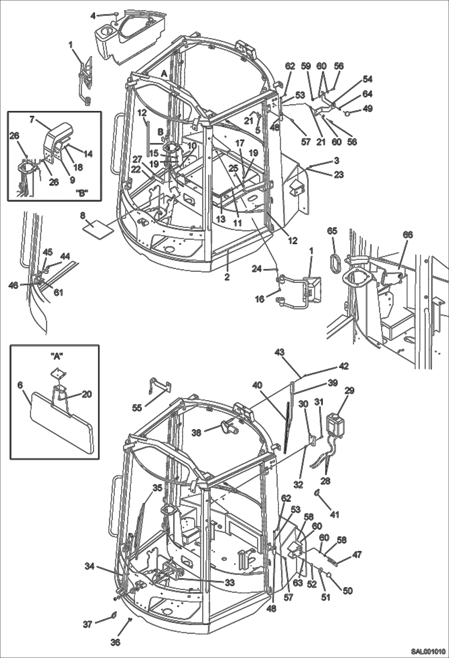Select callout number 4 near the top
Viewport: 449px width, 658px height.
coord(93,16)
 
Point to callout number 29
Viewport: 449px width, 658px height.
coord(349,390)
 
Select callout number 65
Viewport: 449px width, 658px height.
coord(332,231)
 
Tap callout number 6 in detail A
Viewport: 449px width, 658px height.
coord(20,385)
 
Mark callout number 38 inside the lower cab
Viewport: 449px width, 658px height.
coord(196,433)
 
